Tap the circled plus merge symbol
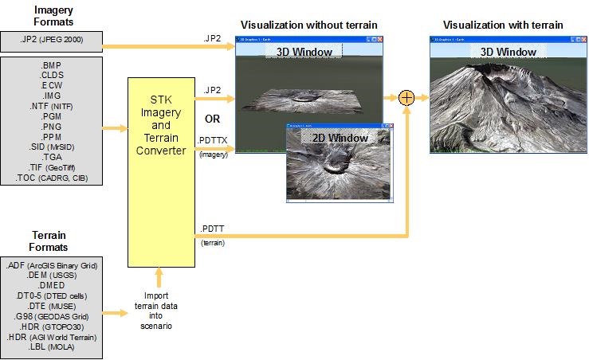(406, 98)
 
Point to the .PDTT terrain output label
(210, 229)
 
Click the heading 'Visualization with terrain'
(503, 25)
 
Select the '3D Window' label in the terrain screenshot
(508, 52)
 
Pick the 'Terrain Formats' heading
(49, 241)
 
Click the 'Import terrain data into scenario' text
(156, 311)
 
